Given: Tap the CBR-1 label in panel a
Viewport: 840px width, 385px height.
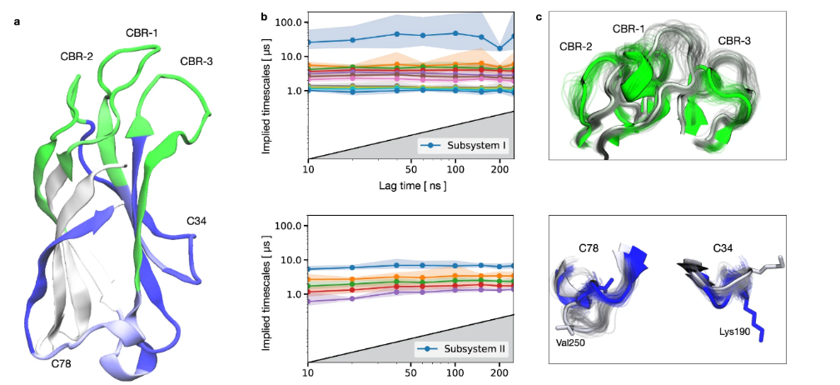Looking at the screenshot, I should click(x=142, y=32).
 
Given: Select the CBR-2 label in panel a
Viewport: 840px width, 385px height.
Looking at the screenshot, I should click(x=77, y=57).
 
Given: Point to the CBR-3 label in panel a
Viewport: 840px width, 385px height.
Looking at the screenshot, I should click(x=196, y=61).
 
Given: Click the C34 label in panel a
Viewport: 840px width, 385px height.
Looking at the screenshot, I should click(x=196, y=222).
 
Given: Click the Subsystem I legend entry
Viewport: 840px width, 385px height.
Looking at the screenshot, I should click(x=470, y=147).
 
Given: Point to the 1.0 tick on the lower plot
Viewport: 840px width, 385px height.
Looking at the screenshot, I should click(x=291, y=294).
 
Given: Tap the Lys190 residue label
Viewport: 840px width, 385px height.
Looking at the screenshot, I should click(x=738, y=331).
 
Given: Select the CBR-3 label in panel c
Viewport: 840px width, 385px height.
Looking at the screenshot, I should click(x=737, y=40).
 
